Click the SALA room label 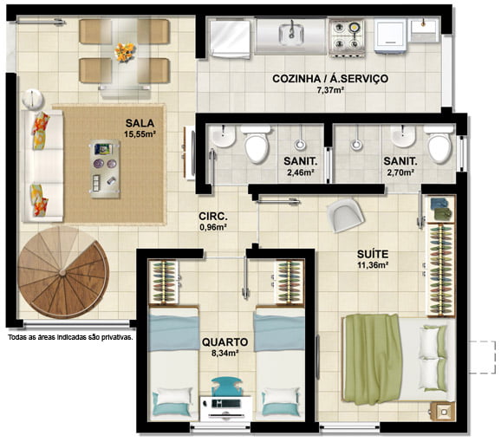click(x=140, y=123)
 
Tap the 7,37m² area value click(x=330, y=90)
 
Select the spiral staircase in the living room click(x=63, y=272)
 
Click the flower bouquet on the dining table click(x=125, y=52)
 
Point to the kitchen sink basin click(x=291, y=34)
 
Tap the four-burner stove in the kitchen click(x=347, y=37)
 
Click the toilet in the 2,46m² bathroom click(x=256, y=145)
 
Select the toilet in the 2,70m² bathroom click(x=439, y=145)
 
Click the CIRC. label click(x=213, y=216)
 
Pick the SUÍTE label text click(x=373, y=254)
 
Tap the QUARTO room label click(x=225, y=342)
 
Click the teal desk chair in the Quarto click(x=226, y=386)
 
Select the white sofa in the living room click(x=42, y=166)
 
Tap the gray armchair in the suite click(x=345, y=215)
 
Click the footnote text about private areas click(x=70, y=337)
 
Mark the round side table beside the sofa click(x=33, y=100)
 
